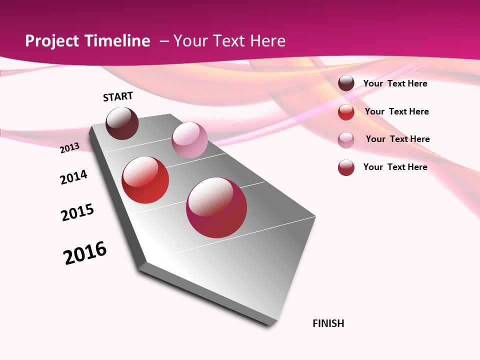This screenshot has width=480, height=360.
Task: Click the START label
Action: (x=118, y=96)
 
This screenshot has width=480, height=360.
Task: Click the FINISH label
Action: (x=328, y=323)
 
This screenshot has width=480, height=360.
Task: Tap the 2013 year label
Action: (x=69, y=147)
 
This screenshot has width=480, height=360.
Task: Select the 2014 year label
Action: (x=73, y=177)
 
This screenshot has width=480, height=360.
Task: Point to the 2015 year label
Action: (x=77, y=212)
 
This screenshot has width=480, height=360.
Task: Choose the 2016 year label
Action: (x=85, y=253)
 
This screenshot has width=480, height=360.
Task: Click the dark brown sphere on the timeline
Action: (x=122, y=123)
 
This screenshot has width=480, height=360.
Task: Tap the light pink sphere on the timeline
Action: (x=189, y=140)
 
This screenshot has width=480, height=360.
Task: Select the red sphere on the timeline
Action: (x=145, y=180)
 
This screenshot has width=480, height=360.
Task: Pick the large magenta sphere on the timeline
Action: (x=216, y=207)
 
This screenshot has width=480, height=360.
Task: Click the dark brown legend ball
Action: (x=346, y=83)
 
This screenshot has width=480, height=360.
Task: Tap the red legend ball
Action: (x=346, y=112)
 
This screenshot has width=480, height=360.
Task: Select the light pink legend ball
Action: (x=346, y=140)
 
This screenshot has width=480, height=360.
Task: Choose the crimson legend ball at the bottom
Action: (x=346, y=167)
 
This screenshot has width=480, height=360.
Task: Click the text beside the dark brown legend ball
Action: (x=395, y=83)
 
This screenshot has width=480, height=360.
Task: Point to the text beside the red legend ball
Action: (x=396, y=111)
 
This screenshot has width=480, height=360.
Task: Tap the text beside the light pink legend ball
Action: (x=397, y=139)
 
